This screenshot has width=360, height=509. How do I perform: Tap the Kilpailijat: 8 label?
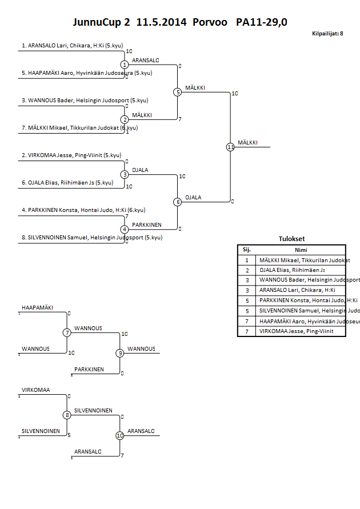click(327, 34)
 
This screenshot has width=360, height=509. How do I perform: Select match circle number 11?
click(230, 147)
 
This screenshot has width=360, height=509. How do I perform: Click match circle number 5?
click(177, 92)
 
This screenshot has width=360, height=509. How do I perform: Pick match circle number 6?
click(177, 202)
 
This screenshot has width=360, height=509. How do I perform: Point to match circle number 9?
click(120, 353)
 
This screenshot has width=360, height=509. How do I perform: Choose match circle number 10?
click(120, 435)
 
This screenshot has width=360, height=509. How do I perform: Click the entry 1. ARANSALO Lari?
click(72, 45)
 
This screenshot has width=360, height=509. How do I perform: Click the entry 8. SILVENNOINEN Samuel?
click(91, 238)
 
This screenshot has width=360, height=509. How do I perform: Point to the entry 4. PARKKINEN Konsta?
click(83, 210)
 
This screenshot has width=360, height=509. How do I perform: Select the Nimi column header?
click(301, 250)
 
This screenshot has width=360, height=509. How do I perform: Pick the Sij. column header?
click(247, 250)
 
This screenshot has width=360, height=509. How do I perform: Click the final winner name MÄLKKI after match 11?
click(247, 142)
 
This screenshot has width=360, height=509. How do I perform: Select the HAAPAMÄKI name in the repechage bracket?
click(37, 308)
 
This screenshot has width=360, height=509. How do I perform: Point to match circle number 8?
click(67, 415)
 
